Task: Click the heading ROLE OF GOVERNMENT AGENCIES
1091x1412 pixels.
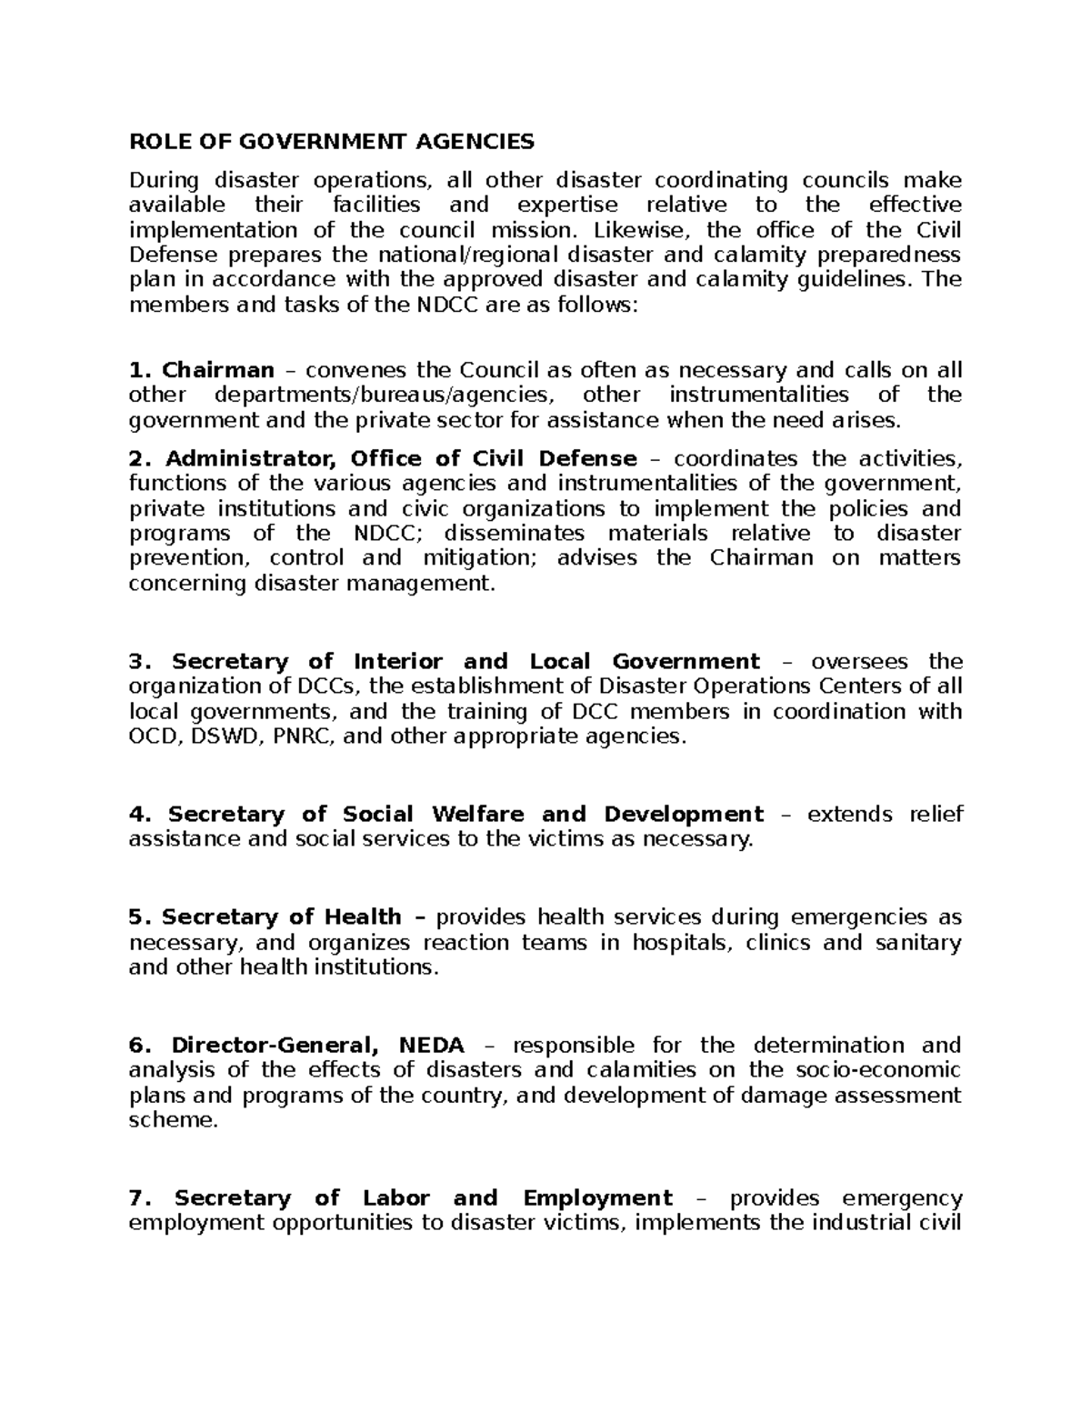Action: click(332, 142)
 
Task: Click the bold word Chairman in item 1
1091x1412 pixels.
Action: click(218, 370)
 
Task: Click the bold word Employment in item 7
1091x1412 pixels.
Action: click(597, 1198)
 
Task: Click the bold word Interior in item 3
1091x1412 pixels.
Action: click(397, 662)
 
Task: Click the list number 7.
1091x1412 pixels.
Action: click(137, 1198)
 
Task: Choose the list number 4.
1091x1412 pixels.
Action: click(137, 815)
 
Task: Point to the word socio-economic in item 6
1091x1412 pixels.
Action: click(875, 1070)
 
